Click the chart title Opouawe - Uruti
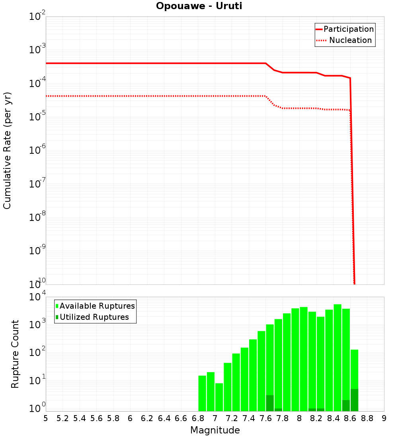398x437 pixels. [x=199, y=6]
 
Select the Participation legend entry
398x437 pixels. [x=345, y=29]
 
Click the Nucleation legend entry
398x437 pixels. [x=345, y=40]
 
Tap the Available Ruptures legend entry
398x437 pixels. [x=96, y=306]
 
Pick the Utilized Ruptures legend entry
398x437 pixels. [x=92, y=317]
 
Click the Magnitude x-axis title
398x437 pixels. [x=215, y=430]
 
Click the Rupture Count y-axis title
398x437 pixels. [x=15, y=354]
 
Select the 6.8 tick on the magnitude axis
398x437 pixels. [x=198, y=418]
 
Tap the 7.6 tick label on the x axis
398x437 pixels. [x=265, y=418]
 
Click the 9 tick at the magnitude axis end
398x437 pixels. [x=384, y=418]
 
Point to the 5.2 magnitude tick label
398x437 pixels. [x=62, y=418]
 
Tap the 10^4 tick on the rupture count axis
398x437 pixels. [x=37, y=297]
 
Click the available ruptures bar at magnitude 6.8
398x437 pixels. [x=202, y=393]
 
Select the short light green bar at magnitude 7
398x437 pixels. [x=219, y=397]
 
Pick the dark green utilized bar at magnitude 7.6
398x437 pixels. [x=270, y=403]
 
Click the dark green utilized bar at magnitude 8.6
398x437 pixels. [x=354, y=400]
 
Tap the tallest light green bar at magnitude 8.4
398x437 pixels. [x=338, y=358]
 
